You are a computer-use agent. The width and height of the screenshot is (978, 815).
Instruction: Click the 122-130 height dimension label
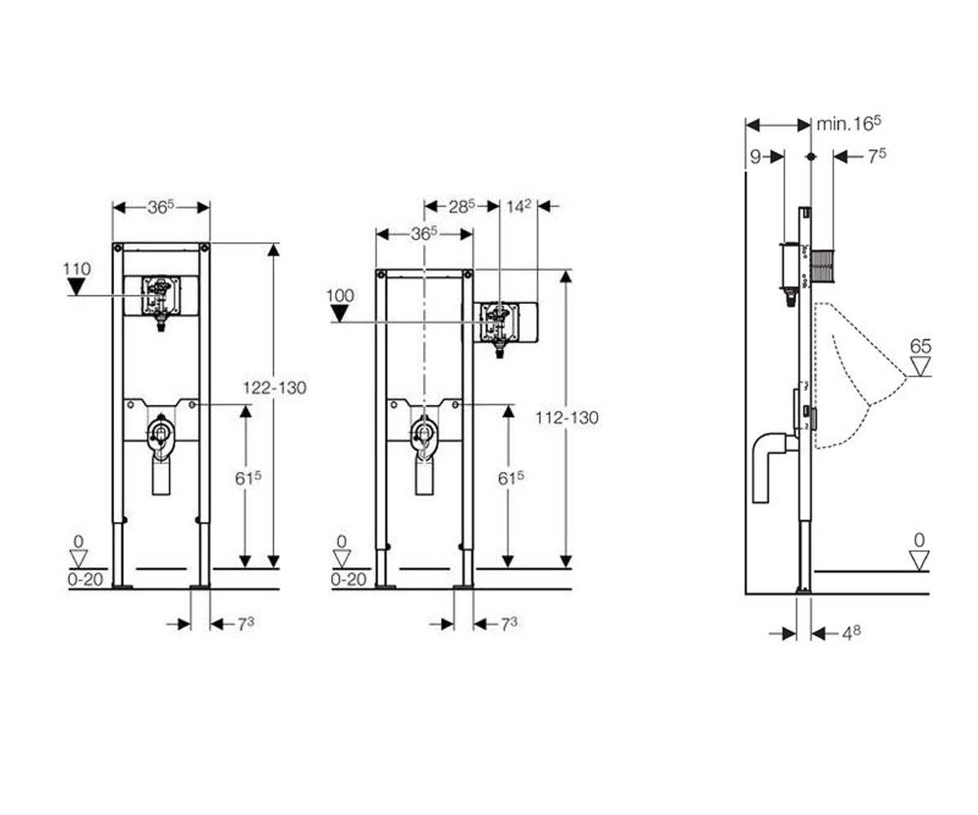(275, 387)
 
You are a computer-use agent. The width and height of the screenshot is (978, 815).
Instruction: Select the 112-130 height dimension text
(566, 417)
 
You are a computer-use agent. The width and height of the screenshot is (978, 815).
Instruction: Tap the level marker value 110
(77, 269)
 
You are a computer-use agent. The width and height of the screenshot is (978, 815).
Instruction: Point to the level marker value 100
(340, 296)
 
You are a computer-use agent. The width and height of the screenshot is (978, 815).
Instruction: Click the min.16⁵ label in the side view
(848, 124)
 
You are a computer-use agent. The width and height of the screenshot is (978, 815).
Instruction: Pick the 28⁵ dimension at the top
(462, 206)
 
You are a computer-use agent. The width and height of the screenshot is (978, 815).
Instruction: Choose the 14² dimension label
(518, 206)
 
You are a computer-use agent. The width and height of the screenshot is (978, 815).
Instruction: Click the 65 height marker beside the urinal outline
(920, 346)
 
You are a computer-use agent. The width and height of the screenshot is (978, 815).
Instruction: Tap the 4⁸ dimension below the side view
(852, 633)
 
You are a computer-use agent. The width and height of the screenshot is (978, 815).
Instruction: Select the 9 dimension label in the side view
(755, 157)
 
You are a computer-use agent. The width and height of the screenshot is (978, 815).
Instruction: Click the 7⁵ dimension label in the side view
(877, 156)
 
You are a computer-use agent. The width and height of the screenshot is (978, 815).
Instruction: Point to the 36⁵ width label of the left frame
(161, 207)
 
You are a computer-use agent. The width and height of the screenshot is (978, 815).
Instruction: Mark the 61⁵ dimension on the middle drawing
(510, 478)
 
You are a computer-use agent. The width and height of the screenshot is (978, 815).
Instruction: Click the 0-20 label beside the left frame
(86, 579)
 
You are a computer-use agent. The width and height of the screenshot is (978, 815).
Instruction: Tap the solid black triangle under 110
(76, 286)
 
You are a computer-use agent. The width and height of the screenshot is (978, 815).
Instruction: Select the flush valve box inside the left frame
(161, 296)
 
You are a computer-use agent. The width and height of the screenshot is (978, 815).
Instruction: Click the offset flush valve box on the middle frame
(500, 322)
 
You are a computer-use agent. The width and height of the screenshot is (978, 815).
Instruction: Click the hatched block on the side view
(823, 267)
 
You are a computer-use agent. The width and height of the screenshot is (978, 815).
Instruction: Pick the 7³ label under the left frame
(245, 624)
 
